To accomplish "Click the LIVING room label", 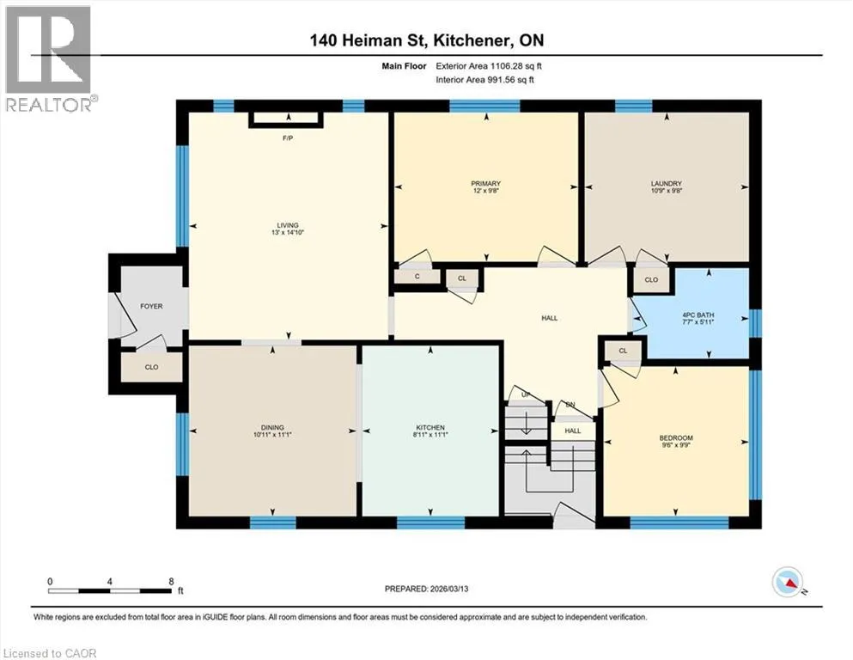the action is pos(288,225).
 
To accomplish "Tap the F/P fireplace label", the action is pos(288,138).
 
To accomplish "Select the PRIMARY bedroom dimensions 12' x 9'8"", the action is pos(485,191).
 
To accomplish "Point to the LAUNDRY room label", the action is pos(667,184).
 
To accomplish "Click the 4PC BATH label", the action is pos(698,315).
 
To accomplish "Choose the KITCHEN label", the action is pos(430,428).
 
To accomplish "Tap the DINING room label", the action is pos(272,428).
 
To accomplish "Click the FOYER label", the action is pos(151,306).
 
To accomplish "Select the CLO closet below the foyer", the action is pos(151,367).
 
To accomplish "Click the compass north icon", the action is pos(788,582).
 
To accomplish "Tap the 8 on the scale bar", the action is pos(171,581).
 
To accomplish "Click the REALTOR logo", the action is pos(49,58).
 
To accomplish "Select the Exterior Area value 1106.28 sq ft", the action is pos(515,66).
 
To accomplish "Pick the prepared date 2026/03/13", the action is pos(448,589).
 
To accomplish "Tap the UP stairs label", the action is pos(526,395).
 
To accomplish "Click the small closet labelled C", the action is pos(417,277).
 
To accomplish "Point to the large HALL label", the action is pos(550,318).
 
